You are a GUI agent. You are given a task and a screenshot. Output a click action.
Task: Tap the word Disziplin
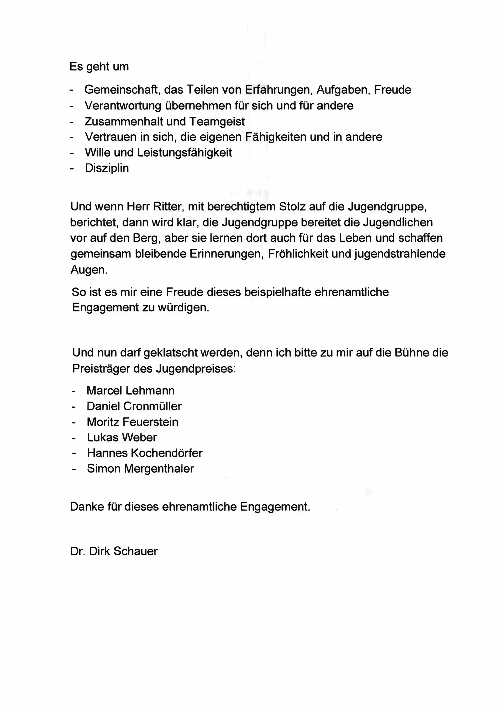click(x=107, y=168)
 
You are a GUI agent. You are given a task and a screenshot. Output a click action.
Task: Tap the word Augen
click(x=88, y=270)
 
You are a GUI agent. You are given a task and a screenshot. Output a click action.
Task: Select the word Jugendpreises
click(x=196, y=369)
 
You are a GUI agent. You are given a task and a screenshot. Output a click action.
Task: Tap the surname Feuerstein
click(x=150, y=422)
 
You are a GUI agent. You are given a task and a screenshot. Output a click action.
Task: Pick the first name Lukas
click(x=102, y=437)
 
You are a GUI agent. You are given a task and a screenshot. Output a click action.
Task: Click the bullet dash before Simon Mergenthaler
click(x=74, y=469)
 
